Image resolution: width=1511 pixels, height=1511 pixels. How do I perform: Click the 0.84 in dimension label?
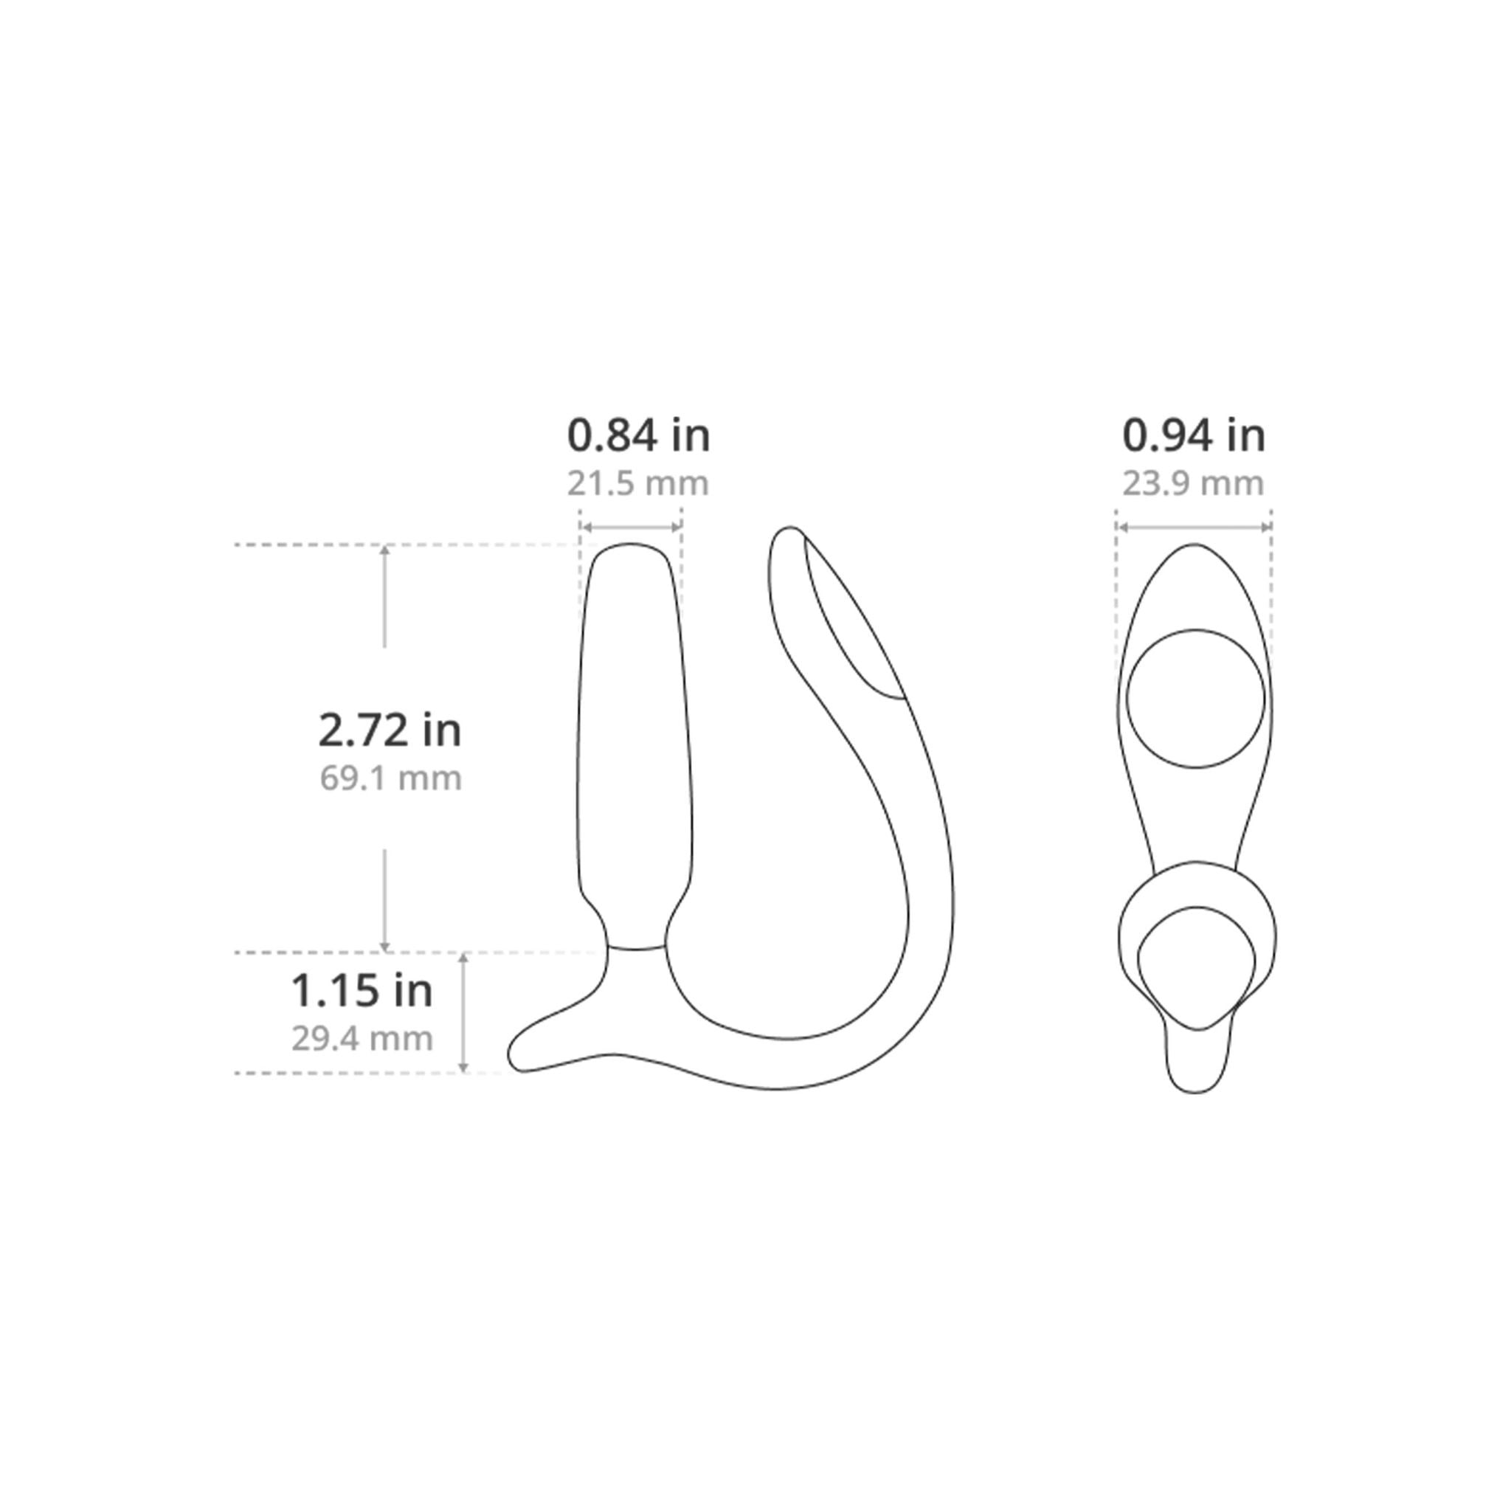638,435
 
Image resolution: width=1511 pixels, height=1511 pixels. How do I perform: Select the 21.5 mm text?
638,483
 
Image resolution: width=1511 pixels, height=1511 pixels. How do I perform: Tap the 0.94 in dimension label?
1194,435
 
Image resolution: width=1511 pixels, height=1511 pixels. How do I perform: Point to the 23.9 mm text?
1194,483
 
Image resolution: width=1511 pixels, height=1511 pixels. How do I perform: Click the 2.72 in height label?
390,730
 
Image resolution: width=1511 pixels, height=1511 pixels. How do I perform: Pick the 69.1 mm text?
390,778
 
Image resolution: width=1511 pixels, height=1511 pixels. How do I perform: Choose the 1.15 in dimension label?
362,990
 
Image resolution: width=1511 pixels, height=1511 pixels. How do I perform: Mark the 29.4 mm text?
362,1039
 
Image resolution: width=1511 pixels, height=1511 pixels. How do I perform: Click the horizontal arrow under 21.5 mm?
631,527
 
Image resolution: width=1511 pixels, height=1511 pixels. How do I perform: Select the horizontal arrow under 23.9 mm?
1194,527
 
